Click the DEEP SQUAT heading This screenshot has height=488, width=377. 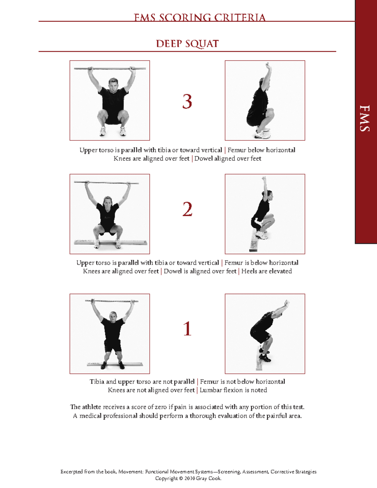coord(187,44)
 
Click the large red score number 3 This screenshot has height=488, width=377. coord(187,101)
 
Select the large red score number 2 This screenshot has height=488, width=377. coord(187,209)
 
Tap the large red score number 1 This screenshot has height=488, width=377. coord(187,329)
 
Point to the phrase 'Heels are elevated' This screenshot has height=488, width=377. coord(266,271)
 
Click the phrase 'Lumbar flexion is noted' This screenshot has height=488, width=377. coord(233,390)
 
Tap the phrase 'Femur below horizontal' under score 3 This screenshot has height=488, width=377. coord(261,150)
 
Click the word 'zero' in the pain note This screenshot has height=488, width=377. coord(161,407)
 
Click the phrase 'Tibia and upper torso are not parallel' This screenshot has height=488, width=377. coord(142,381)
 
